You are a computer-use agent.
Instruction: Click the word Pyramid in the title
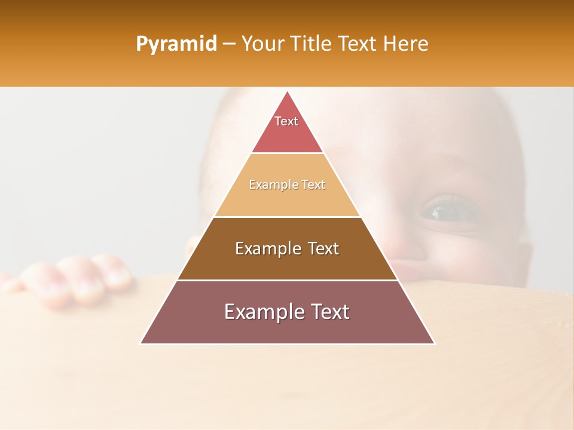(x=176, y=44)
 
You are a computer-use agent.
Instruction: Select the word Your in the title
(x=261, y=44)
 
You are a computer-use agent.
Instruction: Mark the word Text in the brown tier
(x=323, y=248)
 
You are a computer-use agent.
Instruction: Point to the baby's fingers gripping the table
(x=78, y=278)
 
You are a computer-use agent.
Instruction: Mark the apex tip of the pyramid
(x=288, y=92)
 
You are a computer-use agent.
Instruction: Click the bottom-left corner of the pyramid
(x=141, y=343)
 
